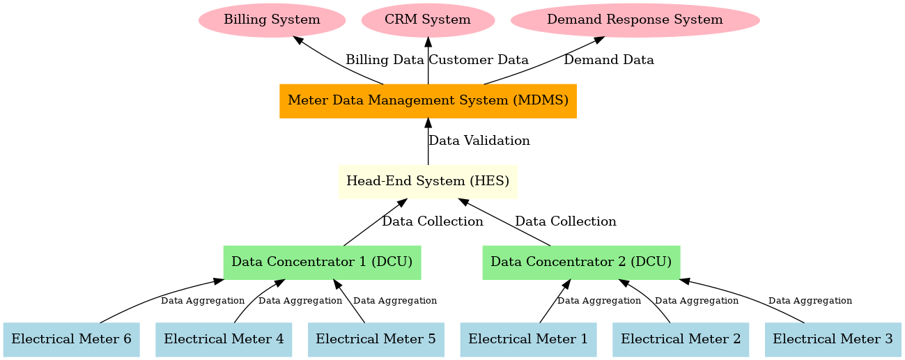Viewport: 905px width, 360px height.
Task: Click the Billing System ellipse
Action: (x=272, y=19)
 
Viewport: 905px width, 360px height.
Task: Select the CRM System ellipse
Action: (x=428, y=19)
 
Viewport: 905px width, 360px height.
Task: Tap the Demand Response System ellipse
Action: (x=635, y=19)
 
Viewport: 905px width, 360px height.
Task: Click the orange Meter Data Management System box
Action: (x=428, y=100)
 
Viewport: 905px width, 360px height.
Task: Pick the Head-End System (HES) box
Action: (x=428, y=181)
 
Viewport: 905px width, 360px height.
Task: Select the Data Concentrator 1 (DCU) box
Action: (x=322, y=262)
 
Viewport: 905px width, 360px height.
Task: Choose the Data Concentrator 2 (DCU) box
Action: (x=581, y=262)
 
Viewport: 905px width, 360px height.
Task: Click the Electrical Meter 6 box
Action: (x=71, y=339)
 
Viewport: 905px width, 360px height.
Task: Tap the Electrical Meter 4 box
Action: (x=224, y=339)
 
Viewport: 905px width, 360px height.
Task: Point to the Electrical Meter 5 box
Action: (x=376, y=339)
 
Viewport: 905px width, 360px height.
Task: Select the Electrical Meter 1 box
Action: (x=528, y=339)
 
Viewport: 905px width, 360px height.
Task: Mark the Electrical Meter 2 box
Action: (x=681, y=339)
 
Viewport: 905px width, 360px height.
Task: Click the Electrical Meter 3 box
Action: (x=833, y=339)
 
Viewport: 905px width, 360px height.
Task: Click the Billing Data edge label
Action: (x=385, y=60)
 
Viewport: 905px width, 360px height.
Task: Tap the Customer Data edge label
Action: (x=479, y=60)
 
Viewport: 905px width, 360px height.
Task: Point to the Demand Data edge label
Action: (x=609, y=60)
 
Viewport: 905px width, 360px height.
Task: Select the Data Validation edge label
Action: (x=479, y=141)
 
